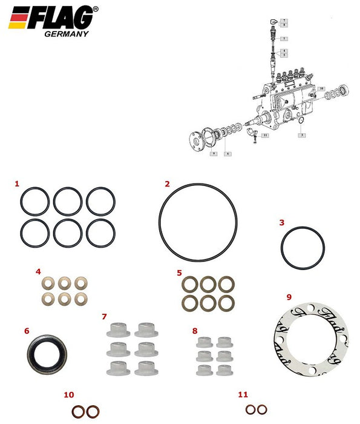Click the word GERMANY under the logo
[67, 34]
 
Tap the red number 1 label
[17, 183]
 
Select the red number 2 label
[167, 184]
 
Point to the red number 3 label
[281, 222]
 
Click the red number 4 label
[38, 271]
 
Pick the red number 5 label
[179, 273]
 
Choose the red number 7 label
[104, 317]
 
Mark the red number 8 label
[194, 331]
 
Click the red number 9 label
[289, 297]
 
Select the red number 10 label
[68, 395]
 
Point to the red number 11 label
[243, 394]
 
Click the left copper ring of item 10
[78, 411]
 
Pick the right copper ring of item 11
[261, 410]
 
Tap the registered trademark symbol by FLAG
[96, 9]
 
